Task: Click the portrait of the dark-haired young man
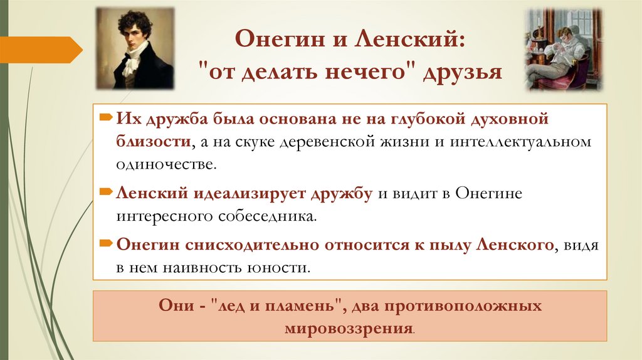point(135,48)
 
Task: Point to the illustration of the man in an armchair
point(562,48)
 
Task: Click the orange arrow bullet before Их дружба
point(107,118)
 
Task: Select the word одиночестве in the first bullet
point(167,165)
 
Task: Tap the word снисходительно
point(270,245)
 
